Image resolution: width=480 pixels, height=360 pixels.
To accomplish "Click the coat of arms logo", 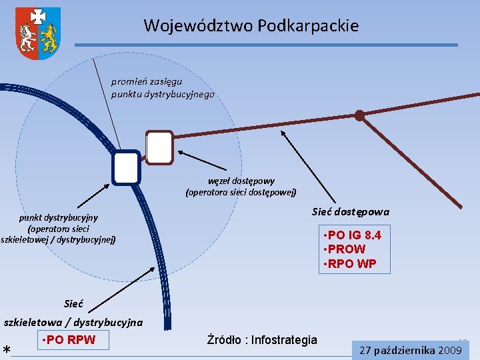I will click(38, 33).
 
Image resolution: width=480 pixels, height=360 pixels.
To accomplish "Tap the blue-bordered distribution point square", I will click(126, 167).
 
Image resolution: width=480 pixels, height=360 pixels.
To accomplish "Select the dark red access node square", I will click(159, 147).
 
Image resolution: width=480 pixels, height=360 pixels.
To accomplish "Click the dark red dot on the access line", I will click(359, 115).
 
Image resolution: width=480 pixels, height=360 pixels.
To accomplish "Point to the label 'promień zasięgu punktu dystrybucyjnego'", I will click(163, 88).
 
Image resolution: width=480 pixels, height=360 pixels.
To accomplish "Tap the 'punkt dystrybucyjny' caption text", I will click(58, 228).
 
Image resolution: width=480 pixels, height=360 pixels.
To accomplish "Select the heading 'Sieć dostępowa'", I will click(351, 212).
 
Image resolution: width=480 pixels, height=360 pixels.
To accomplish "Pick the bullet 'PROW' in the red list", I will click(346, 249).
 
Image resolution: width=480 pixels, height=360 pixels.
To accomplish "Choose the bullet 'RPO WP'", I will click(351, 263).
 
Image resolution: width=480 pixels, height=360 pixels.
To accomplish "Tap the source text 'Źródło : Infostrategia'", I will click(262, 340).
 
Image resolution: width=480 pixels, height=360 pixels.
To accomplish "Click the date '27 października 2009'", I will click(411, 350).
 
